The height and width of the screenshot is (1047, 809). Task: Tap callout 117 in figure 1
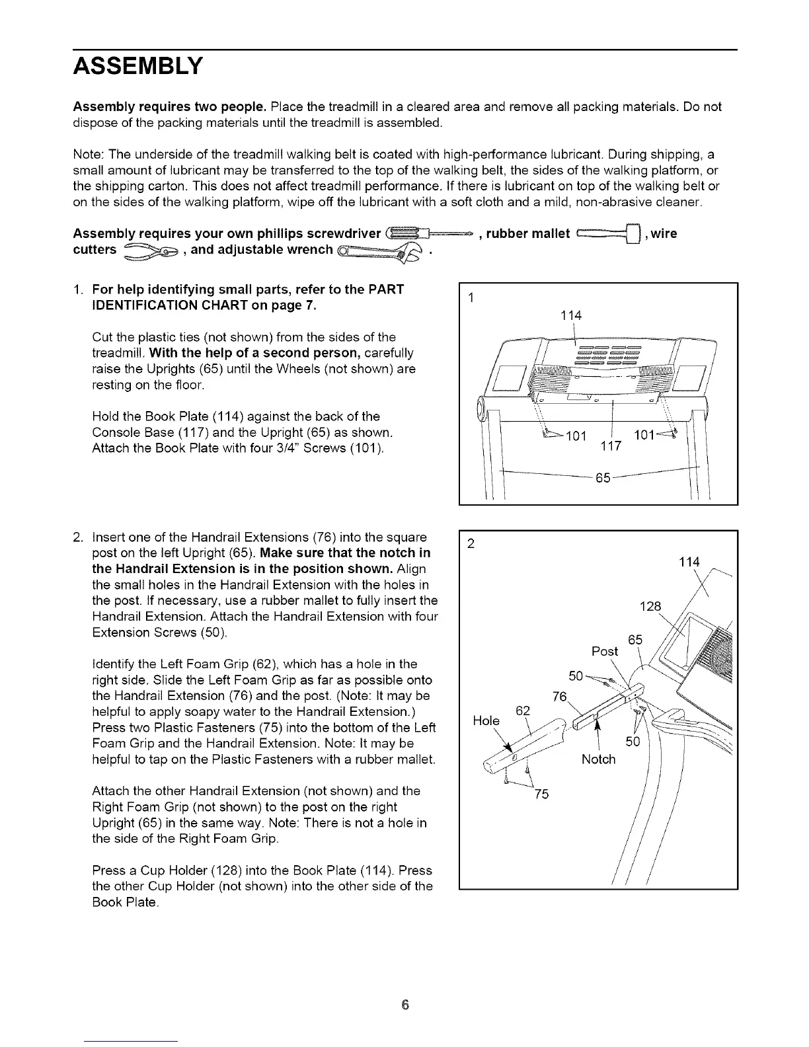(x=611, y=446)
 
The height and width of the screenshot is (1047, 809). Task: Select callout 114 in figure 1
(x=570, y=316)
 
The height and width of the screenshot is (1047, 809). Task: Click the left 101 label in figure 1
(x=577, y=436)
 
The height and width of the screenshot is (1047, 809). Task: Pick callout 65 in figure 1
(x=602, y=478)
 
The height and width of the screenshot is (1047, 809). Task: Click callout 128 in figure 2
(x=651, y=607)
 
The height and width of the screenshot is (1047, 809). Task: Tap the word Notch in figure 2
(x=598, y=759)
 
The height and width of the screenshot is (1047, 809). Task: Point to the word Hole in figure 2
(x=486, y=720)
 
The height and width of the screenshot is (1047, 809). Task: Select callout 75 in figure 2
(x=541, y=795)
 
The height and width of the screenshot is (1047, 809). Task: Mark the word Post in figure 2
(x=605, y=652)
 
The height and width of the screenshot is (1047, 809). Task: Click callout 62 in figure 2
(x=523, y=711)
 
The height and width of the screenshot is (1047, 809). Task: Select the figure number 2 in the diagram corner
(x=471, y=545)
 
